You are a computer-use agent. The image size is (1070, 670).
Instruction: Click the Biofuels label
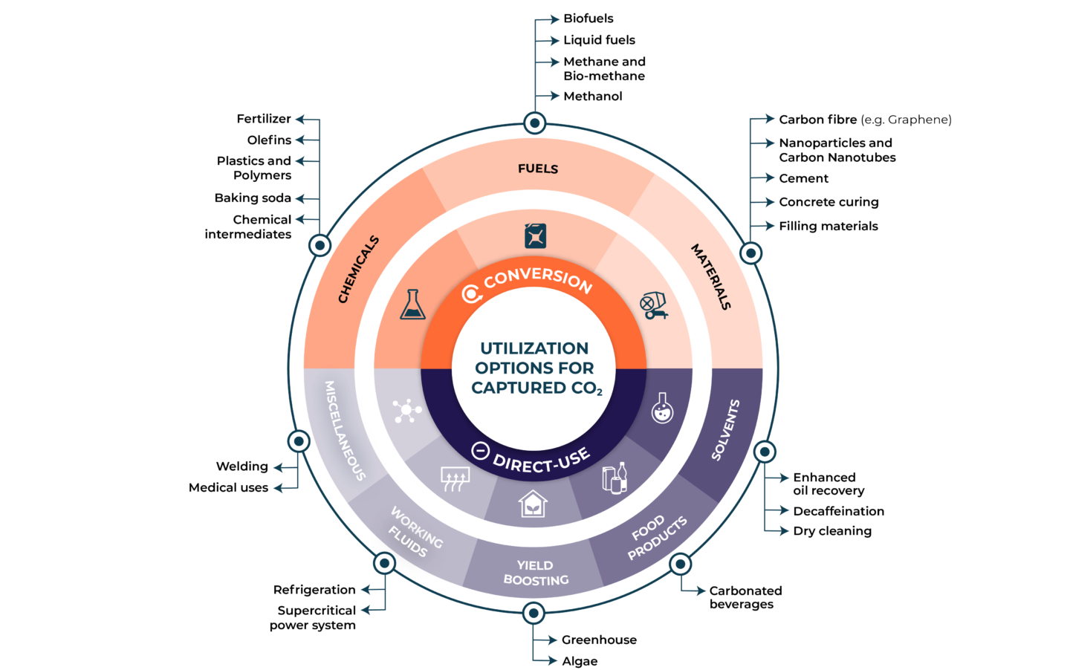coord(588,19)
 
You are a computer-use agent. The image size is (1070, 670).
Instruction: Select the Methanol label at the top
coord(592,97)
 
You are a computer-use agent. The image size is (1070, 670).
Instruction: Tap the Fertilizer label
coord(264,119)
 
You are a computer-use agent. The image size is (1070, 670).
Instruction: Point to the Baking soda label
coord(253,198)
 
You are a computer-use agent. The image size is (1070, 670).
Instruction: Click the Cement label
coord(803,179)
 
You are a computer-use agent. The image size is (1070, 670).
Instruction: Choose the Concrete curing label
coord(829,202)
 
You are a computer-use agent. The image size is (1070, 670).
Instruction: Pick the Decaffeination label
coord(838,511)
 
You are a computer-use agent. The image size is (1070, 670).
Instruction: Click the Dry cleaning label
coord(832,531)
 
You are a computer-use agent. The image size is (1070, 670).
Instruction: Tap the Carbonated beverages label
coord(745,597)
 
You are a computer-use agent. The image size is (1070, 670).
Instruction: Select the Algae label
coord(580,661)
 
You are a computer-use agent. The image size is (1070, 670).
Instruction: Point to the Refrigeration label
coord(314,590)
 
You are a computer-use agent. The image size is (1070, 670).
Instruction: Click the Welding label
coord(242,466)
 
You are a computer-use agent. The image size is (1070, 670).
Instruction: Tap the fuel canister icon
coord(535,236)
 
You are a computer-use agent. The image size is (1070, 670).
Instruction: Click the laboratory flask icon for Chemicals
coord(412,305)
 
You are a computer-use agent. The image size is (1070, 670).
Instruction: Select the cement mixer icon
coord(653,305)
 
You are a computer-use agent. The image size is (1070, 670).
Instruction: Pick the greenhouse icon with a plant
coord(533,503)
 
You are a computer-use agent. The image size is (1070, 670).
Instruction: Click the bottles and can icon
coord(615,478)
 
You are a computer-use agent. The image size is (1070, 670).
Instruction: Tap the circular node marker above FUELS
coord(534,123)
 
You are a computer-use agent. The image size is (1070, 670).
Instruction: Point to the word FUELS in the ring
coord(538,169)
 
